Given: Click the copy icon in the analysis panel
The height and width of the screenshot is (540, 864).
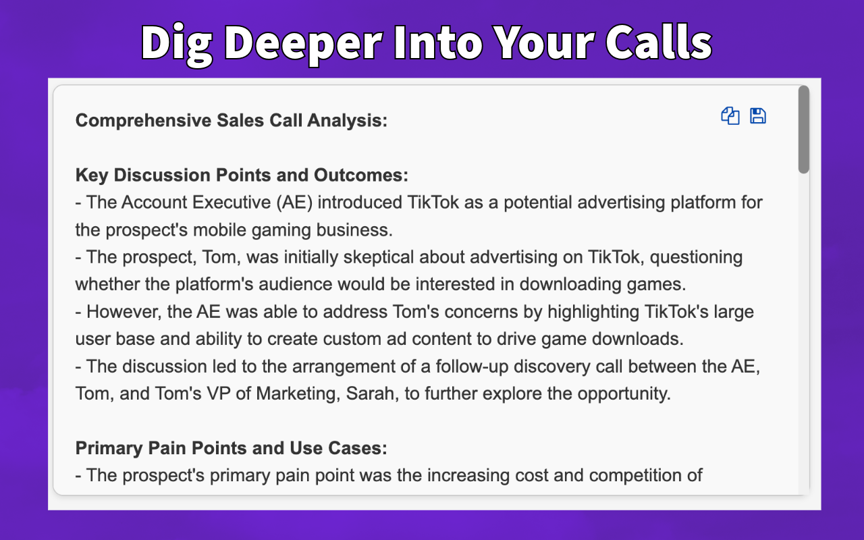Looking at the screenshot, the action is pos(730,116).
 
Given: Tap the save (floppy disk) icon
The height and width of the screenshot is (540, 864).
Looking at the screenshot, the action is pos(758,116).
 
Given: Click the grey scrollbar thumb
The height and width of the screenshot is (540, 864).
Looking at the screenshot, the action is pos(804,130).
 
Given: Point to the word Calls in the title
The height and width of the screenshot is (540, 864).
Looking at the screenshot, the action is pos(659,42).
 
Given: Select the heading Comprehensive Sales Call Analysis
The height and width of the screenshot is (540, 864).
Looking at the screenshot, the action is pos(232,120).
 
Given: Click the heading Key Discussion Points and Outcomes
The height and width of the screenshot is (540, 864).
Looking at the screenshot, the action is pos(242,175).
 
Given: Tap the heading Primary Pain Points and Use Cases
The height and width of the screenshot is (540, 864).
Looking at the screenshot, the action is pos(231,448).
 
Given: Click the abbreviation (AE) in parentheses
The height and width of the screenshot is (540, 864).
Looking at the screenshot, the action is pos(294,202).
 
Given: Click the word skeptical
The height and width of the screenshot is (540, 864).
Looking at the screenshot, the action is pos(379,257).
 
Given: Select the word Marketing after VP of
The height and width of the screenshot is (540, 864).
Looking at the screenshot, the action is pos(298,394).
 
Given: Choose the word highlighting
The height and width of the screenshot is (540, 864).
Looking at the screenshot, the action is pos(593,312).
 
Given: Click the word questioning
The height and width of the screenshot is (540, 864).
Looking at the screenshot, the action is pos(696,257).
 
